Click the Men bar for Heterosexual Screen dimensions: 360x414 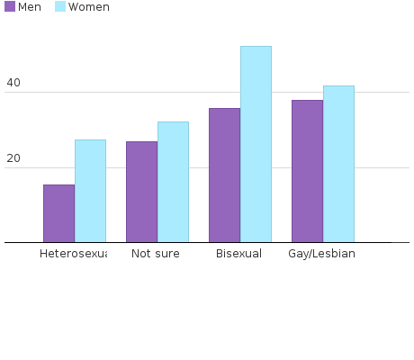58,213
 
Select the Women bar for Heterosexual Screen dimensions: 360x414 90,191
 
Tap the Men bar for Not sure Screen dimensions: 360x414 141,192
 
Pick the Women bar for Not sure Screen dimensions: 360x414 173,182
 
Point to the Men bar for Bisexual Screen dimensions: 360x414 224,175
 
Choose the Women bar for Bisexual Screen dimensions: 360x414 256,144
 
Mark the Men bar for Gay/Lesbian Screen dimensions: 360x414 307,171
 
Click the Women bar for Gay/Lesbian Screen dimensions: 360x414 338,164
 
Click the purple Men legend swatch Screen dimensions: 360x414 10,7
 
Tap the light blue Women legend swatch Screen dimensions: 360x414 60,7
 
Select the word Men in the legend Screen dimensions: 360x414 30,7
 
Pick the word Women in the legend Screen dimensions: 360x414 89,7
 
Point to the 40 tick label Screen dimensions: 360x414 13,84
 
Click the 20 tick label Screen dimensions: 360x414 13,159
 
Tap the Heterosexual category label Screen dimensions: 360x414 73,254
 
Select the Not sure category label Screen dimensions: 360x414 156,254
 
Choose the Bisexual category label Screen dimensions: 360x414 238,254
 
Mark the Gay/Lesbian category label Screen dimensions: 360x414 321,254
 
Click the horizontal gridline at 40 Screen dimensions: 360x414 378,92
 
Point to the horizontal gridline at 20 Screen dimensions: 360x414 378,167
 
